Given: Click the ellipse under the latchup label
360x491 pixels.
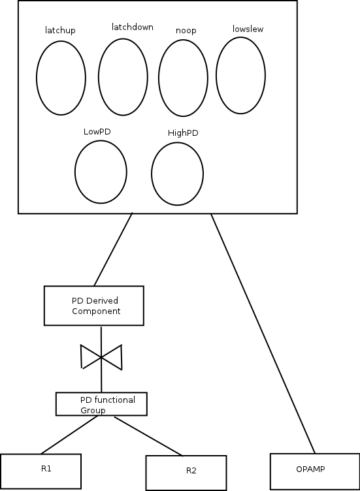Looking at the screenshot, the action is [37, 78].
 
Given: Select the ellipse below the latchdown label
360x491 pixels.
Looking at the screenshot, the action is [99, 77].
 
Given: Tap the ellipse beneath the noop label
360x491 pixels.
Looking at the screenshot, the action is [159, 78].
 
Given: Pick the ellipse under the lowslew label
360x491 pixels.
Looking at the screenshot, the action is [216, 76].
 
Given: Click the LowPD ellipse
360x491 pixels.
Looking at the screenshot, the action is [75, 172].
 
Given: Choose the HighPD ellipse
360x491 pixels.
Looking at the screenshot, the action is [152, 174].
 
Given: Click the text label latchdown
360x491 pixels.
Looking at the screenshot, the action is [133, 27].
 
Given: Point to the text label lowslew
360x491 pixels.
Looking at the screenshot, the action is [248, 29].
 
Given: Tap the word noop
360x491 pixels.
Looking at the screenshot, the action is [186, 31].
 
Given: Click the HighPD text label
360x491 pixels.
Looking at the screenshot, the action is [183, 133].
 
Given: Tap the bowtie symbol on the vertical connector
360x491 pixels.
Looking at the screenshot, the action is [101, 357].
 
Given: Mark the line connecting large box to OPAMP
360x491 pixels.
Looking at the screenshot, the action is [263, 334].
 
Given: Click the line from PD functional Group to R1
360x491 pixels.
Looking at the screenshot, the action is [69, 435].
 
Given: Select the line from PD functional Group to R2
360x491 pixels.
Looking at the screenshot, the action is [148, 436].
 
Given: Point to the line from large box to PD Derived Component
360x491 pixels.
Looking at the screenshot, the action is [113, 249].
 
